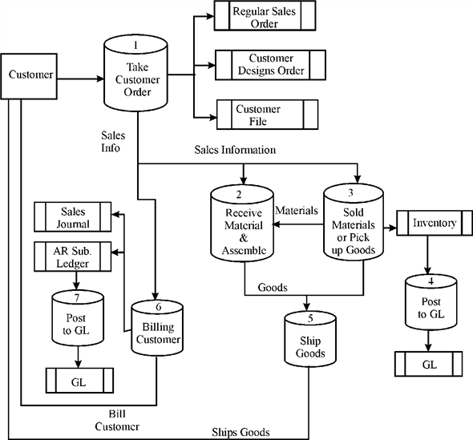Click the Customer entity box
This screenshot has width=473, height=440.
[30, 76]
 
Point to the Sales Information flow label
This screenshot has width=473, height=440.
[235, 150]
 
